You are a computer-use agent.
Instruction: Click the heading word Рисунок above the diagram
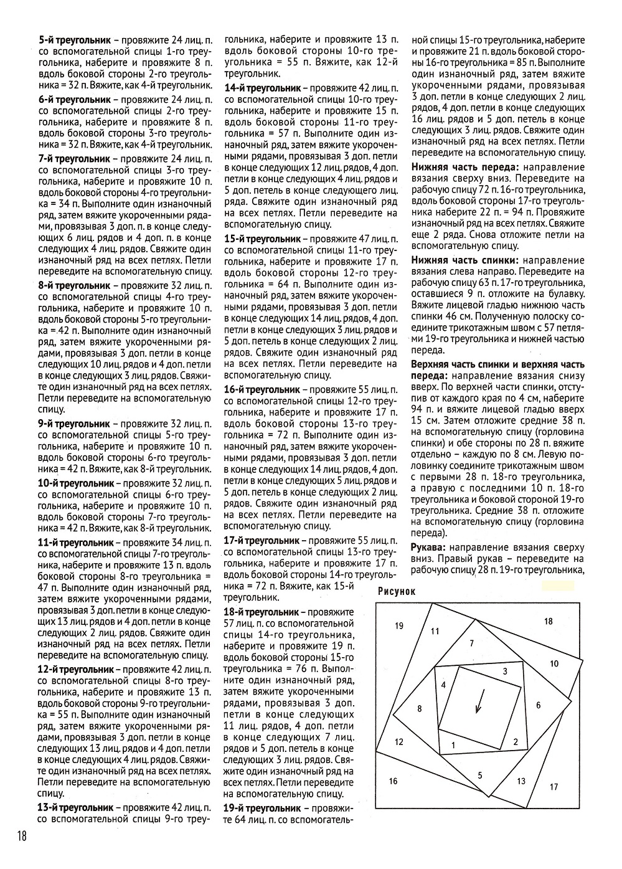[395, 591]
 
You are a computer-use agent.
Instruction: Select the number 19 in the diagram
[398, 626]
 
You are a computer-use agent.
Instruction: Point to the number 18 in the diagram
[548, 621]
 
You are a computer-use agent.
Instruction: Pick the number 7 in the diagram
[472, 643]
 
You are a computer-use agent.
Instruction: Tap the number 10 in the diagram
[554, 663]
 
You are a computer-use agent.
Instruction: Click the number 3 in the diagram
[504, 671]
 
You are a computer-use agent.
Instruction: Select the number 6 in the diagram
[539, 705]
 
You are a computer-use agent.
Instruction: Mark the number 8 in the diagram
[420, 708]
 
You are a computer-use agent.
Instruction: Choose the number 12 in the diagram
[399, 742]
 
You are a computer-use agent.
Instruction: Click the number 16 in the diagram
[393, 781]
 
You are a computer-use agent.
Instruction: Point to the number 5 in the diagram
[480, 775]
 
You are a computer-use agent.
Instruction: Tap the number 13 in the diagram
[521, 781]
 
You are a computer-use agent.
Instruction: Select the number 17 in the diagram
[554, 787]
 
